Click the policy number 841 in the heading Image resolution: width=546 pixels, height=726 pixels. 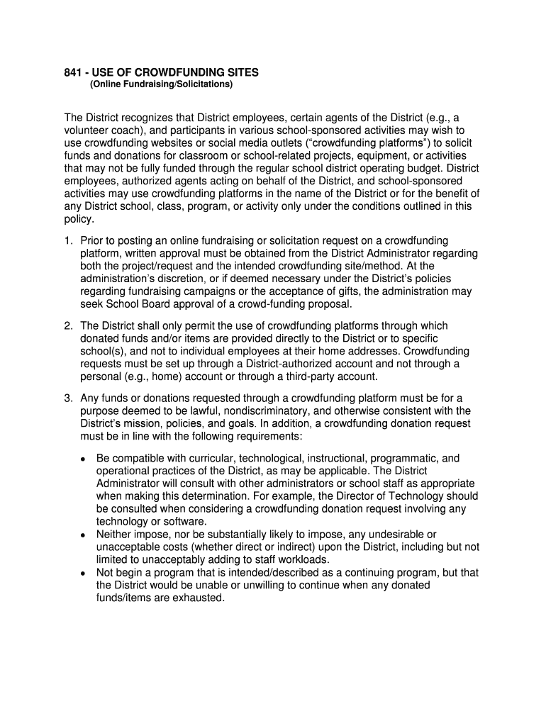74,72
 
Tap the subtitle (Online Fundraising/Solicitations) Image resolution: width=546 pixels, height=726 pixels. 161,85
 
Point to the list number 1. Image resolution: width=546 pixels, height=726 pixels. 68,241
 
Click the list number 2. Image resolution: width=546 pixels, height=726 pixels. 68,325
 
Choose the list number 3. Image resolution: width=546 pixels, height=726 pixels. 68,398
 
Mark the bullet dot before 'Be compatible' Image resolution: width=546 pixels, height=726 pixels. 83,459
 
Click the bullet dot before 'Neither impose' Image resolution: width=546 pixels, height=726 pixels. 83,535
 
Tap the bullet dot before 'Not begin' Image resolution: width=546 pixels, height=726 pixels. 83,573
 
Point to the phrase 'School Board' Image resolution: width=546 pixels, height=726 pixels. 135,304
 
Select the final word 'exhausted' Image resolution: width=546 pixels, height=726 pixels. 200,598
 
